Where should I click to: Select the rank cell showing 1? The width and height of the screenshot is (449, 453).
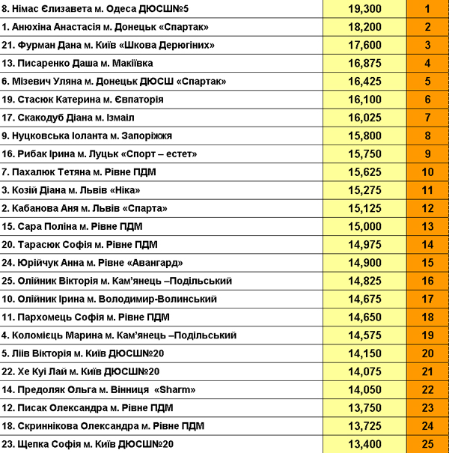pyautogui.click(x=427, y=9)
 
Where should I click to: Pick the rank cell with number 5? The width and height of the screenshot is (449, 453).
pyautogui.click(x=427, y=82)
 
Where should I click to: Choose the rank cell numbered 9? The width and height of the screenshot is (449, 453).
pyautogui.click(x=427, y=154)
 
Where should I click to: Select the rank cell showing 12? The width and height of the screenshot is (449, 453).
pyautogui.click(x=427, y=208)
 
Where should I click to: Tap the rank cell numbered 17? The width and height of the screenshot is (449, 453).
pyautogui.click(x=427, y=299)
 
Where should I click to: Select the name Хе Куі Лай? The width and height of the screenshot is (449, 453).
pyautogui.click(x=46, y=371)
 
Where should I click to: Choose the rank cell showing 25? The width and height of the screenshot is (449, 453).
pyautogui.click(x=427, y=444)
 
